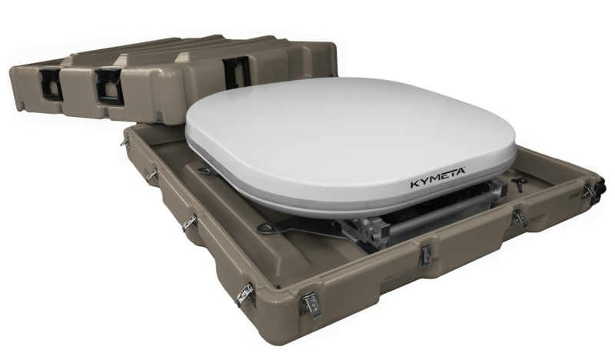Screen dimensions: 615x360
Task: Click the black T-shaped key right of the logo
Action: [517, 183]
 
